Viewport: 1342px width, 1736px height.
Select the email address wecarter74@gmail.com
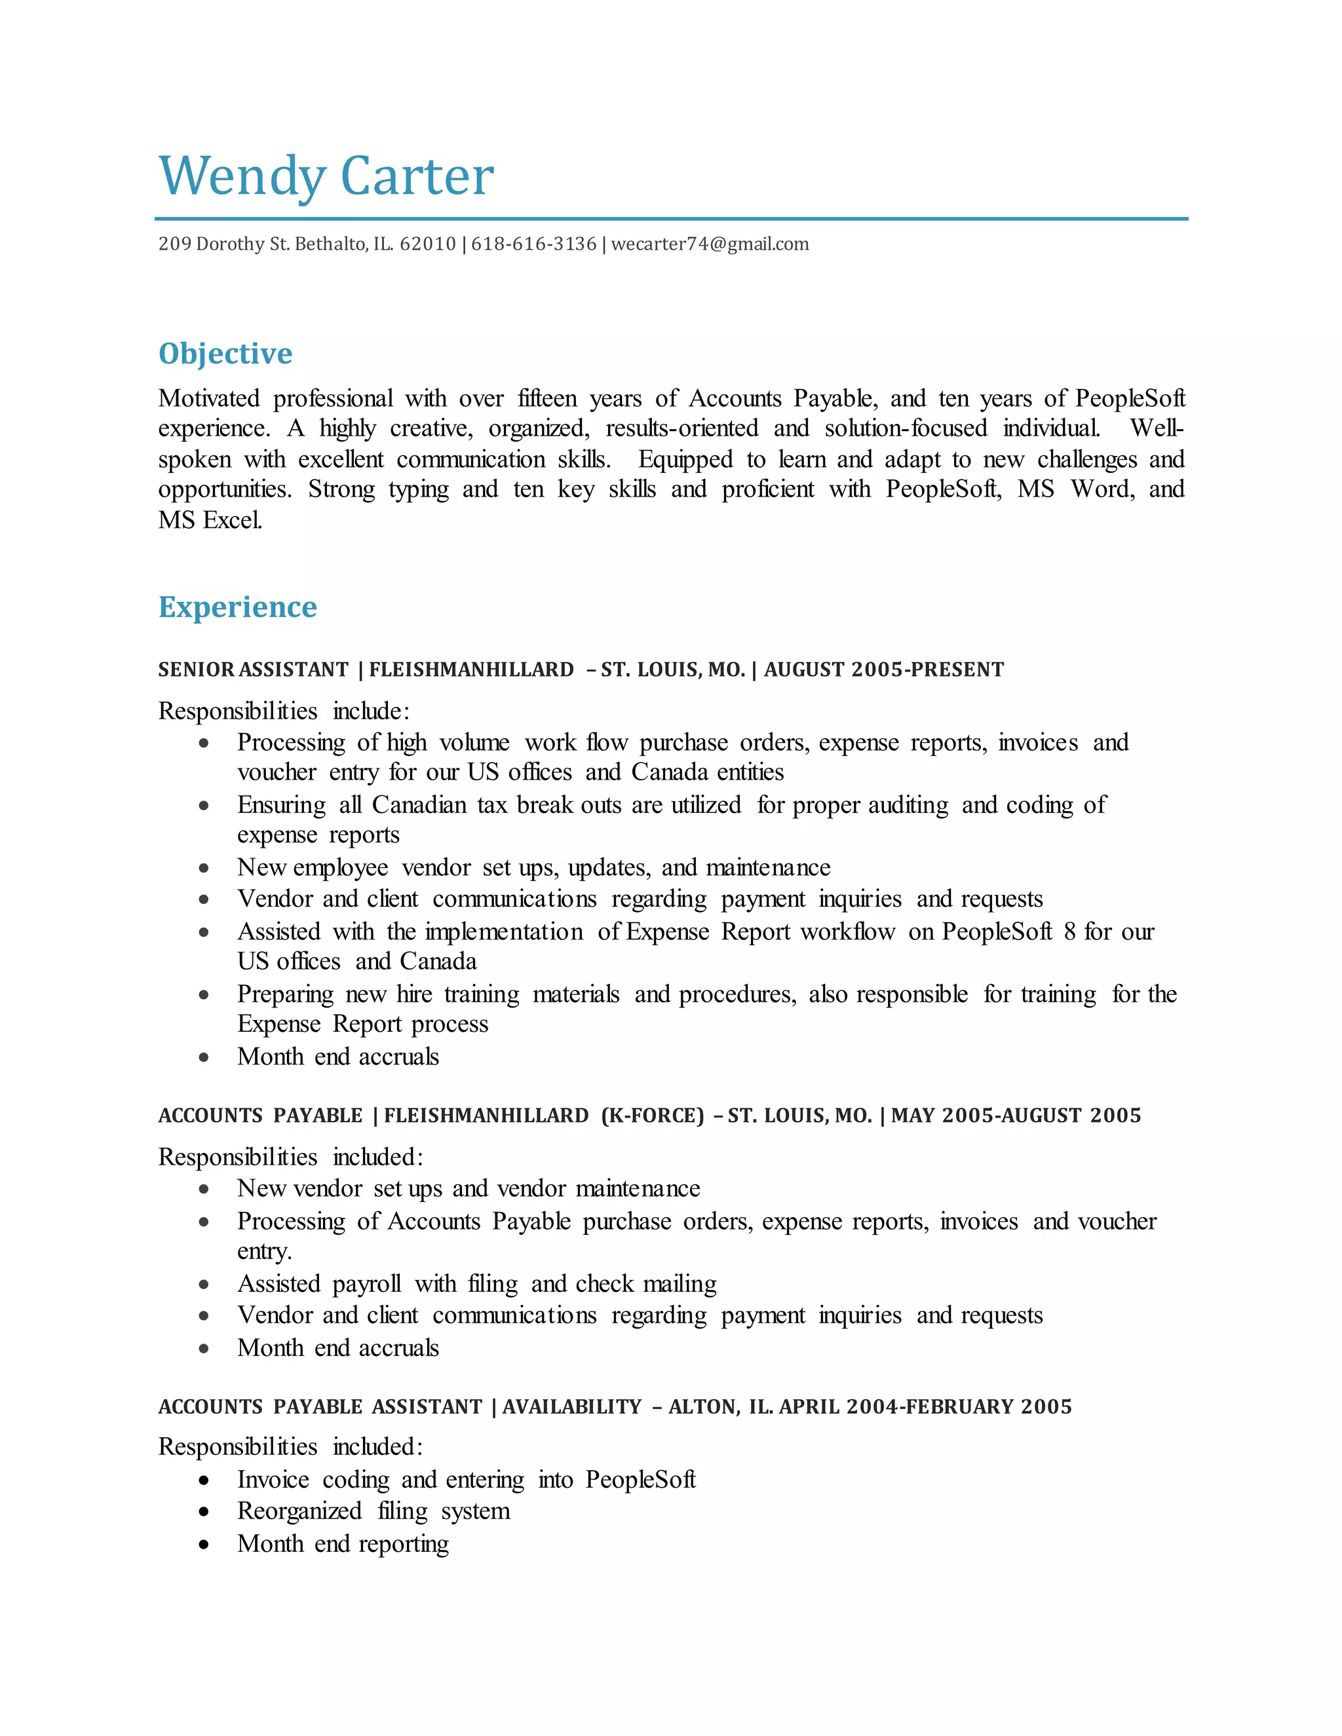click(710, 244)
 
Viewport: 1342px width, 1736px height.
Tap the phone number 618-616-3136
click(533, 244)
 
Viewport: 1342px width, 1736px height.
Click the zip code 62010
click(428, 244)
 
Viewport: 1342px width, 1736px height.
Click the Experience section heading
click(237, 607)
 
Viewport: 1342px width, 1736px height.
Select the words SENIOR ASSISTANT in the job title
click(253, 670)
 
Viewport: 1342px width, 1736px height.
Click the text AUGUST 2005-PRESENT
click(884, 670)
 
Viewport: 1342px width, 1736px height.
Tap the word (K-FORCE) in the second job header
click(652, 1116)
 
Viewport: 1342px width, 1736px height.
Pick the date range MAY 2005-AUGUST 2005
click(1016, 1116)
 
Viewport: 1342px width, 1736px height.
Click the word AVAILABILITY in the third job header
click(571, 1407)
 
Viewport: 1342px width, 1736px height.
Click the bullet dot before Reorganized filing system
click(204, 1512)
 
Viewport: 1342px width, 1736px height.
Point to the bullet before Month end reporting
click(204, 1545)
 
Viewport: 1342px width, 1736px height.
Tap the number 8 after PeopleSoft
click(1069, 932)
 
